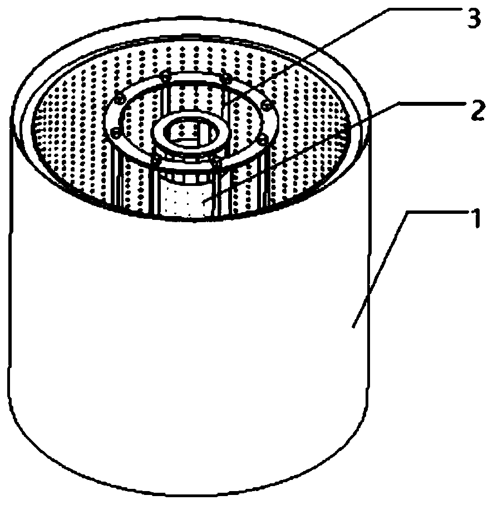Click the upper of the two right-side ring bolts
coord(266,105)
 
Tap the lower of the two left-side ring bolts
coord(115,133)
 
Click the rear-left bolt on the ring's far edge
coord(165,76)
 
